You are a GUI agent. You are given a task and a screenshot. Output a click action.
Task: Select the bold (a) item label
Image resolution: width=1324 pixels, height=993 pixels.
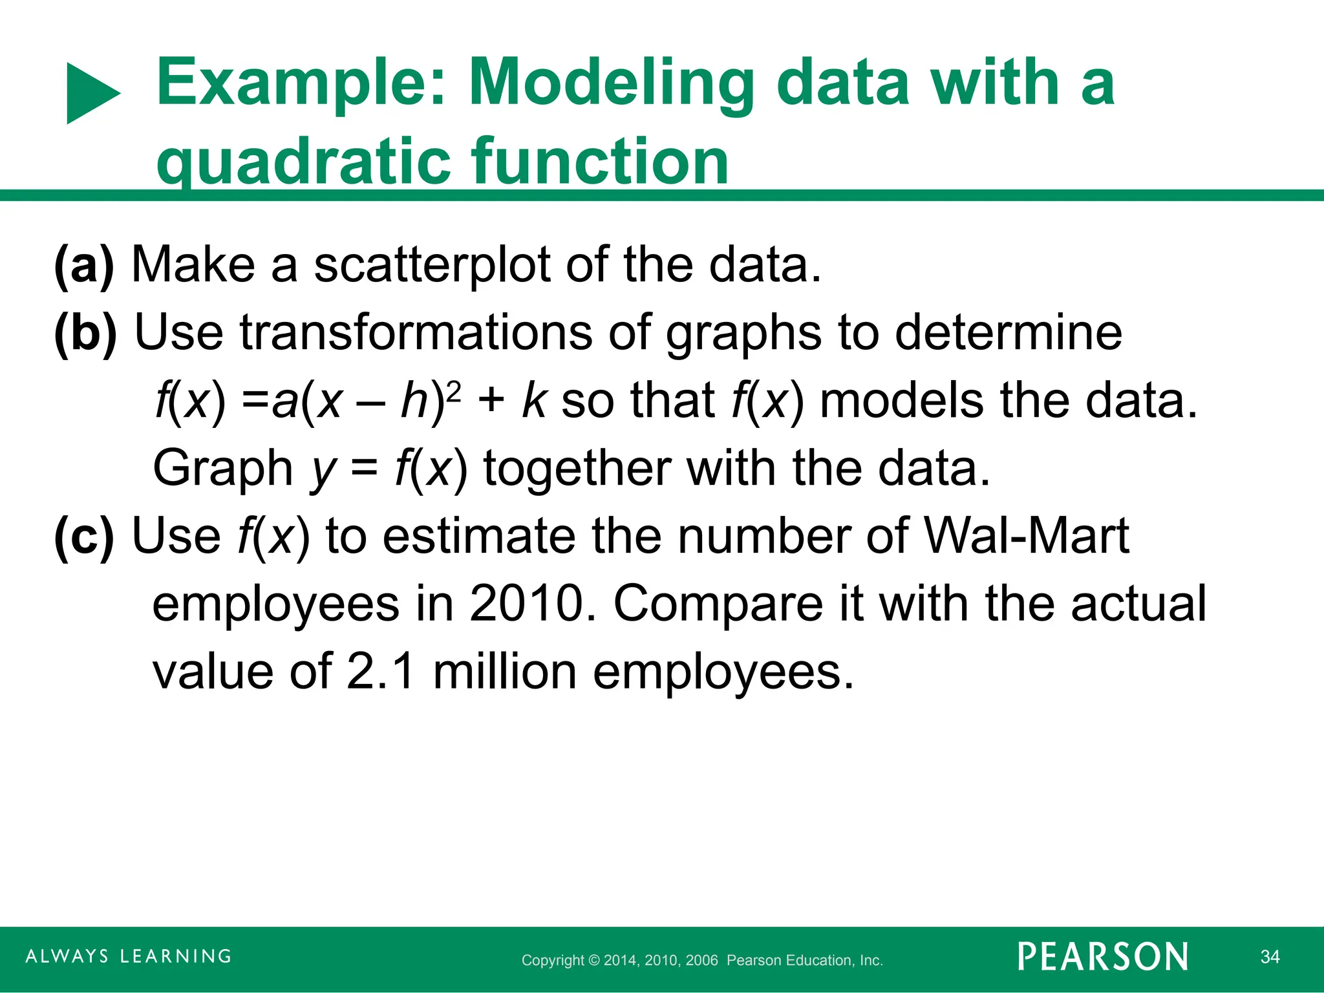(84, 265)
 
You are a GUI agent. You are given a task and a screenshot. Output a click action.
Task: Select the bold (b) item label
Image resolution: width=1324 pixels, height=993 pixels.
(85, 333)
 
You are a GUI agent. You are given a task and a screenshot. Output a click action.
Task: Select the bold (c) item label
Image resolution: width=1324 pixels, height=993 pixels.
(84, 537)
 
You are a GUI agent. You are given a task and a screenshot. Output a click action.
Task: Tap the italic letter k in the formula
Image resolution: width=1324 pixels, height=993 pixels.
(535, 401)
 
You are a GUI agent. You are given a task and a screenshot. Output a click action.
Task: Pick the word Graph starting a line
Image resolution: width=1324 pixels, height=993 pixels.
(223, 469)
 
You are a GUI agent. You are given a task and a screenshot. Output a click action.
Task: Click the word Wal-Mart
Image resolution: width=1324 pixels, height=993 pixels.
(1027, 537)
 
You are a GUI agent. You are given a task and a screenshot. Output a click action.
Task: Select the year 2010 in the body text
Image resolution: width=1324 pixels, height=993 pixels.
(527, 604)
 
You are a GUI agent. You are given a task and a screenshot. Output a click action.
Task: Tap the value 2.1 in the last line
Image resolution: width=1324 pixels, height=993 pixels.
(380, 672)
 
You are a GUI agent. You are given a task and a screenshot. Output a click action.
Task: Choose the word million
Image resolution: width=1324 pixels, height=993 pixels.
(504, 672)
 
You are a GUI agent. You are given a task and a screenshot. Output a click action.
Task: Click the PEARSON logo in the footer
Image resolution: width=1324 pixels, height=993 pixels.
(1103, 957)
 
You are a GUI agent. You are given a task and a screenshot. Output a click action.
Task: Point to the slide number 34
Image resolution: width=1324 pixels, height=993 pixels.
(1270, 957)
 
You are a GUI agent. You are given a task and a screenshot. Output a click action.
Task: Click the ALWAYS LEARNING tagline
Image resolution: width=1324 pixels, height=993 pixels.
(129, 956)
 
